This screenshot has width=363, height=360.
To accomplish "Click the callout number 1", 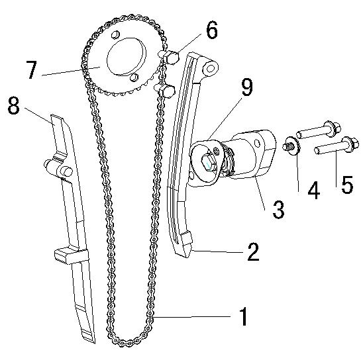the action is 243,316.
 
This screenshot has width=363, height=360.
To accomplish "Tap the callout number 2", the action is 253,252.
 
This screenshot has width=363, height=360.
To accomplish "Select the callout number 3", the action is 278,209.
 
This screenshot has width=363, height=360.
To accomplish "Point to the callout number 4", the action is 314,190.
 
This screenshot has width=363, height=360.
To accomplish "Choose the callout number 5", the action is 347,185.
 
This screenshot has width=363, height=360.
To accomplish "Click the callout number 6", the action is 212,30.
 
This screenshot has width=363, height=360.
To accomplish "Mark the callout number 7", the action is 31,69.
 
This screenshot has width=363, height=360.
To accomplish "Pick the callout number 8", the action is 13,105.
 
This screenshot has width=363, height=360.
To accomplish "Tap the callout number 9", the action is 247,87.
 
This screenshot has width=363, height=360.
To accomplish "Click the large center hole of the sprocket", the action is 126,57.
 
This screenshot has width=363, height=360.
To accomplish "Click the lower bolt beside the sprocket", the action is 165,91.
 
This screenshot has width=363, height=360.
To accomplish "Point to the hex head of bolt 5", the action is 350,144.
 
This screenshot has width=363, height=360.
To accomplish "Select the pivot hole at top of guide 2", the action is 210,68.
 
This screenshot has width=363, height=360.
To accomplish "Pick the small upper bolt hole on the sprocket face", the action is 115,35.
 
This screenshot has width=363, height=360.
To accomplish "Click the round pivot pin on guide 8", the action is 66,171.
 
